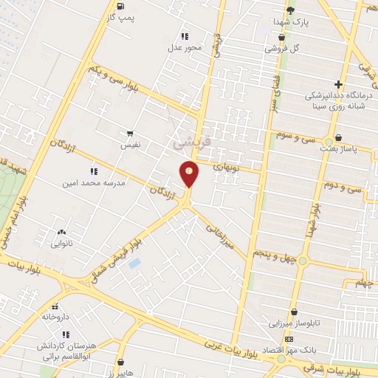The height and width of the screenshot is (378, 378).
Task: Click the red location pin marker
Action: point(190,173)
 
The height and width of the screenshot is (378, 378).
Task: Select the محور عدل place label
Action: point(185,47)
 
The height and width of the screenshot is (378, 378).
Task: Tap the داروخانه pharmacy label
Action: point(55,316)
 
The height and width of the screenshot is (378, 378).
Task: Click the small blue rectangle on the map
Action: point(134,264)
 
